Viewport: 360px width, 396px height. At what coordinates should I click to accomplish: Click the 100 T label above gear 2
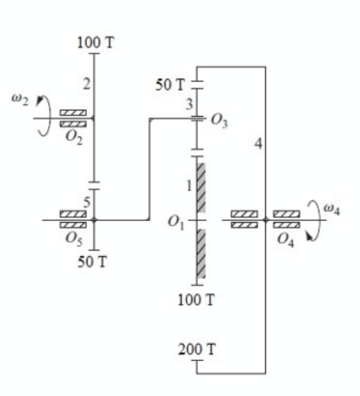point(96,43)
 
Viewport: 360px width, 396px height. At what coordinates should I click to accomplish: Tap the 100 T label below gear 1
point(195,300)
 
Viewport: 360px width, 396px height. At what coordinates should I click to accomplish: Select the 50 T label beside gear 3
point(170,84)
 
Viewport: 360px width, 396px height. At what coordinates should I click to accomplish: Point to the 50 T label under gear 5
point(92,262)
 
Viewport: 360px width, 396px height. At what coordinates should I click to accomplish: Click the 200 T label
point(196,349)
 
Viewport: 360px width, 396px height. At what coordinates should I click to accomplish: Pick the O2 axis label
point(74,137)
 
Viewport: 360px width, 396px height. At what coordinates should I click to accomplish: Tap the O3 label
point(219,121)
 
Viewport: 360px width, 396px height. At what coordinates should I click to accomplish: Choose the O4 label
point(286,240)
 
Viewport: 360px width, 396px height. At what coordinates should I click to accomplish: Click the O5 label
point(74,239)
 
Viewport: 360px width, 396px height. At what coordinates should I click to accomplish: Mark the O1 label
point(176,222)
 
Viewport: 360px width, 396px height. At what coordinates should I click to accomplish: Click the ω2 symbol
point(20,99)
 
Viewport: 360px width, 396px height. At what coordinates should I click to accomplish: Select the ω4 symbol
point(331,210)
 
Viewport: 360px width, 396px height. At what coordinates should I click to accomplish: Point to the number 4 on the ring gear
point(258,143)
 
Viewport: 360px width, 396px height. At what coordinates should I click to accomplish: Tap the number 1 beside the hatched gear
point(189,186)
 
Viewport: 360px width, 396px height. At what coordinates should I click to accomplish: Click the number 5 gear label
point(87,202)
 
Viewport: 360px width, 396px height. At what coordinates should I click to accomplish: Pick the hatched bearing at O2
point(73,118)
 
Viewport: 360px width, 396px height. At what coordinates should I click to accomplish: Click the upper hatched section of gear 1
point(201,188)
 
